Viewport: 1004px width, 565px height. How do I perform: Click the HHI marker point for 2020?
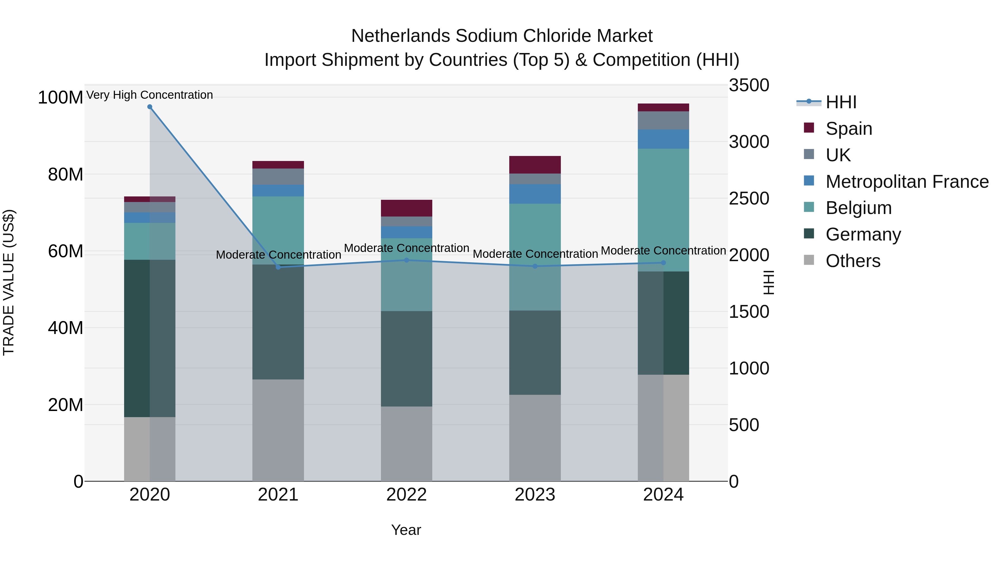point(150,107)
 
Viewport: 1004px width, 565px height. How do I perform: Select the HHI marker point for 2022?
point(407,260)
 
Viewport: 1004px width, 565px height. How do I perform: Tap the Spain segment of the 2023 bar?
point(535,165)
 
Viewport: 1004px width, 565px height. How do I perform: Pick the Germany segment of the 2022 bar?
point(407,359)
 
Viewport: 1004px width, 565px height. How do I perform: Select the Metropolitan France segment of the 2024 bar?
point(663,139)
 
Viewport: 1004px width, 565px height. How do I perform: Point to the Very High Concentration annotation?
point(150,95)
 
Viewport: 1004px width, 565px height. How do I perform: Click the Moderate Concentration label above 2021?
point(278,255)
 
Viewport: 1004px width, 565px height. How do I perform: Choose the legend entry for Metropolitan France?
point(907,182)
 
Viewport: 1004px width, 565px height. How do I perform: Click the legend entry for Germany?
point(863,234)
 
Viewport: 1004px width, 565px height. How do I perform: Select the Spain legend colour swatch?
point(809,128)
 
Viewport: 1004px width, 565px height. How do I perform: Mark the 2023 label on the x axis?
point(535,495)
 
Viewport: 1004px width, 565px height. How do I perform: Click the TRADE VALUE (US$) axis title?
point(9,282)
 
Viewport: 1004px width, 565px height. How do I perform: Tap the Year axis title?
point(406,530)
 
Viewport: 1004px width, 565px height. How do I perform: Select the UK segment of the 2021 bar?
point(278,177)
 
